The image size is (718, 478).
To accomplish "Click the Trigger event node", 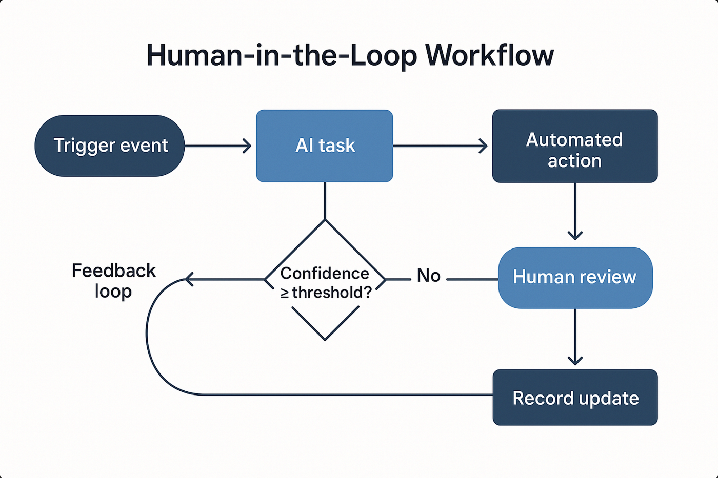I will point(110,146).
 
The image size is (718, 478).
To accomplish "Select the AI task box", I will point(325,146).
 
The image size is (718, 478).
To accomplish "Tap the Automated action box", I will point(575,146).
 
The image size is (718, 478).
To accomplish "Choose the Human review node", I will point(575,278).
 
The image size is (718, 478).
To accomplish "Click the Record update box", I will point(575,398).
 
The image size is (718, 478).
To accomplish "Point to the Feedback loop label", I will point(113,281).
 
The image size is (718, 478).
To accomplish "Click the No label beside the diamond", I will point(428,276).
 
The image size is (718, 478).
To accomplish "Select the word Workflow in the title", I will point(489,55).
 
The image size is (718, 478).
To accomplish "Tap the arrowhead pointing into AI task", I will point(248,146).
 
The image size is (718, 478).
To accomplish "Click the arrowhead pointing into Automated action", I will point(484,146).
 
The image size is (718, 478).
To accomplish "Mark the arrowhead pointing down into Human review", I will point(575,236).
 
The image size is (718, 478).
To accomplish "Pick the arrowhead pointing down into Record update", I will point(575,361).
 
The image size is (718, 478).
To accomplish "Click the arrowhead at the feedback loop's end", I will point(188,279).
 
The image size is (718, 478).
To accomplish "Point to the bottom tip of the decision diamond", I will point(325,339).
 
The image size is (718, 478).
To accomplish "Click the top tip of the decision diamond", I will point(325,220).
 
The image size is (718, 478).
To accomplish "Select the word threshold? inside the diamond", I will point(331,293).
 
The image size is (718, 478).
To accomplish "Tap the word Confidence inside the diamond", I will point(325,274).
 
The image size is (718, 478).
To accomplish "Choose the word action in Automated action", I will point(574,161).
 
